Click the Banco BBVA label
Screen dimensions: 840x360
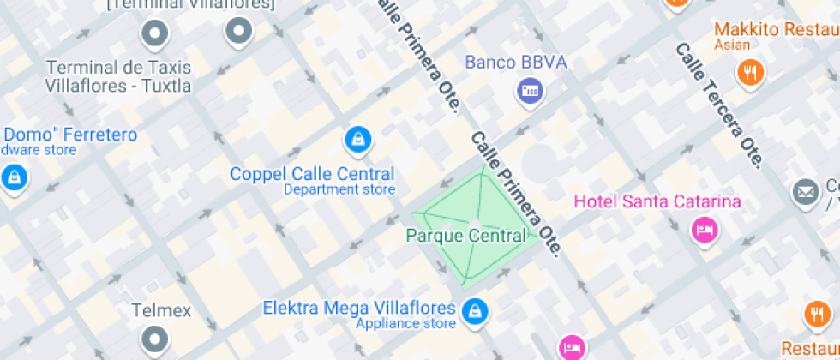515,63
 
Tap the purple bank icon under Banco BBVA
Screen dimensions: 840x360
530,91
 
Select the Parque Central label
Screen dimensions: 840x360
465,236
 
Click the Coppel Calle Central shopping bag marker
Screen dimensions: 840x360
357,140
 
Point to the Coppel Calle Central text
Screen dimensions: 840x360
312,174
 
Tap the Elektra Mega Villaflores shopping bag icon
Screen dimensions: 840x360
473,312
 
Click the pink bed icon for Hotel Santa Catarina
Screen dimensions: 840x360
704,229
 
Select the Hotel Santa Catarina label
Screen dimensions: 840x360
657,202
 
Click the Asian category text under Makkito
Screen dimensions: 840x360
732,45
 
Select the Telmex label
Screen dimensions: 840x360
161,310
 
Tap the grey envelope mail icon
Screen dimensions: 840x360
805,192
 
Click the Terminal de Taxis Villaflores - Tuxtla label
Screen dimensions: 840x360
118,76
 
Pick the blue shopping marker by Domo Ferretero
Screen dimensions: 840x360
14,178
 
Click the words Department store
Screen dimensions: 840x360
339,189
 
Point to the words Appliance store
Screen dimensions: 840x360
406,323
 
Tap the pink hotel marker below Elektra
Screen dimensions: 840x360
570,347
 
